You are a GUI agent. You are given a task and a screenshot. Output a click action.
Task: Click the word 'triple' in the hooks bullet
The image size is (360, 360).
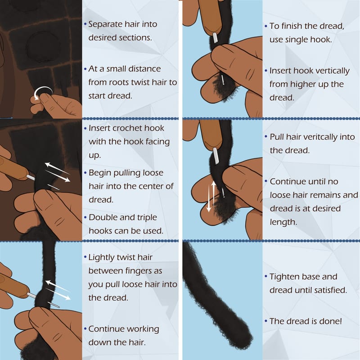(144, 218)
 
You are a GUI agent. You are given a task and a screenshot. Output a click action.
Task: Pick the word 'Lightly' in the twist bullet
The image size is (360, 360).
(103, 257)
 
